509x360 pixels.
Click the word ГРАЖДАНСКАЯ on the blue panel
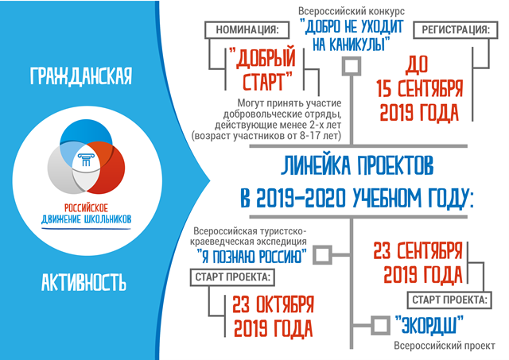(x=81, y=76)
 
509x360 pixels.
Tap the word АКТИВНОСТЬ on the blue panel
(x=84, y=282)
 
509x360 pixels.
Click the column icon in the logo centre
(x=86, y=160)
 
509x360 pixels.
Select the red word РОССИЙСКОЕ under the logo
(x=86, y=207)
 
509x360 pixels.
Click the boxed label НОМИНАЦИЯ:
(x=247, y=30)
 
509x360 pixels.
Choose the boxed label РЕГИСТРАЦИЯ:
(x=456, y=30)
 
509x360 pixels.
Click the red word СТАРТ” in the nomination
(x=267, y=82)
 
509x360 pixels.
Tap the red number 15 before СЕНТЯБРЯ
(x=384, y=88)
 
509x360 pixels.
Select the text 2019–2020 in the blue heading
(x=301, y=198)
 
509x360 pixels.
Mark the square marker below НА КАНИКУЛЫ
(x=352, y=66)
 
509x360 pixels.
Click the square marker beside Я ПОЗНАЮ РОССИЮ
(x=322, y=255)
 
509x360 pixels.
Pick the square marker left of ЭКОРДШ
(x=380, y=325)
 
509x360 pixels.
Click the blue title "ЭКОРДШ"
(x=429, y=325)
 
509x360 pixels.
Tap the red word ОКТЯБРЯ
(x=286, y=304)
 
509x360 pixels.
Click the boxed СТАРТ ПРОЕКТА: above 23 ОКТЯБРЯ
(x=232, y=277)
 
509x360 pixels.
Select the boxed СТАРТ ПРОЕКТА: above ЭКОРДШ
(x=449, y=300)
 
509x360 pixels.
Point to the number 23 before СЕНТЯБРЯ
(x=382, y=250)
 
